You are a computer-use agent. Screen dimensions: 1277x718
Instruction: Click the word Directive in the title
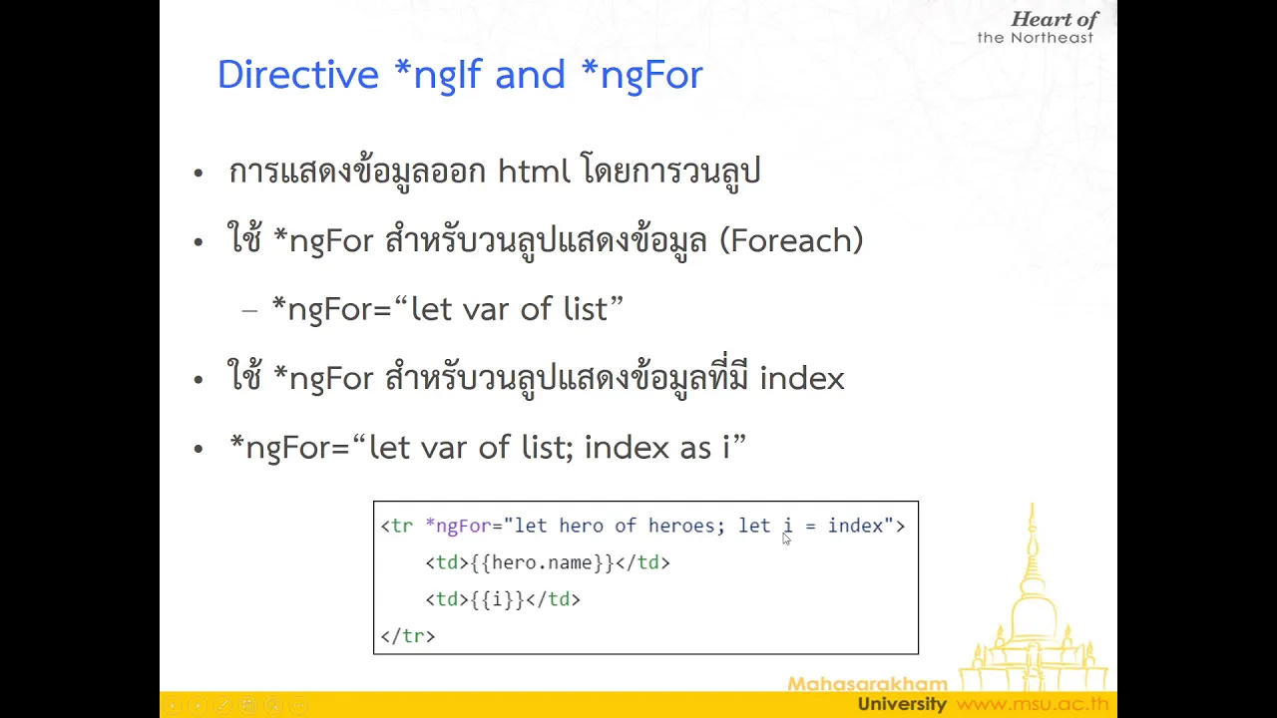pyautogui.click(x=298, y=74)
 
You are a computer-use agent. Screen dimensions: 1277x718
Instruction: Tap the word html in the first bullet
pyautogui.click(x=534, y=170)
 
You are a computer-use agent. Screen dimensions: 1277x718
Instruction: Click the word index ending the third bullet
pyautogui.click(x=802, y=378)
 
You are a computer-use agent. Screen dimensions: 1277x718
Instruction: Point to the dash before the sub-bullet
pyautogui.click(x=249, y=311)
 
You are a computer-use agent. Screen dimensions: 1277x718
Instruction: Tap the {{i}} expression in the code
pyautogui.click(x=497, y=599)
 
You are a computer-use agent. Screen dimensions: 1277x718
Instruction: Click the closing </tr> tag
pyautogui.click(x=408, y=636)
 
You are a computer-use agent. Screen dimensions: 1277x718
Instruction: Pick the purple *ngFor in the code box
pyautogui.click(x=458, y=526)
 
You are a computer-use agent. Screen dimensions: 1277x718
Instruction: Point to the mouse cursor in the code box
pyautogui.click(x=786, y=538)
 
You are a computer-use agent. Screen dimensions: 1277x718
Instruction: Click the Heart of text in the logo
pyautogui.click(x=1055, y=19)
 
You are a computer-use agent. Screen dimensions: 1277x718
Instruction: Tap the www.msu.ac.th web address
pyautogui.click(x=1032, y=704)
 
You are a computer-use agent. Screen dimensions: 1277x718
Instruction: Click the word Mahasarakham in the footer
pyautogui.click(x=868, y=683)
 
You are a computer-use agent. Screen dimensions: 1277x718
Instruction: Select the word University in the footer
pyautogui.click(x=902, y=704)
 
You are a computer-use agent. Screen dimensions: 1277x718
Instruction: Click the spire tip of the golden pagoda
pyautogui.click(x=1033, y=505)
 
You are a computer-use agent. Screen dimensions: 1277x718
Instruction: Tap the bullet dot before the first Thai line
pyautogui.click(x=198, y=173)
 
